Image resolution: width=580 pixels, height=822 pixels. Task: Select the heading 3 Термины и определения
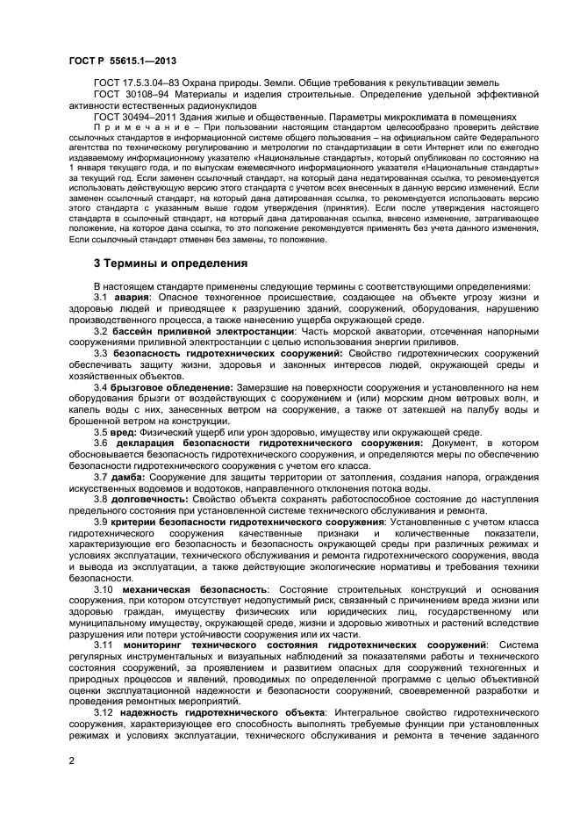click(x=162, y=263)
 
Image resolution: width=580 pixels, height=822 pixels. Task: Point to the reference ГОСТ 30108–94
click(x=124, y=94)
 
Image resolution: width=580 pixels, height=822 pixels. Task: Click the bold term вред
click(x=123, y=432)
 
